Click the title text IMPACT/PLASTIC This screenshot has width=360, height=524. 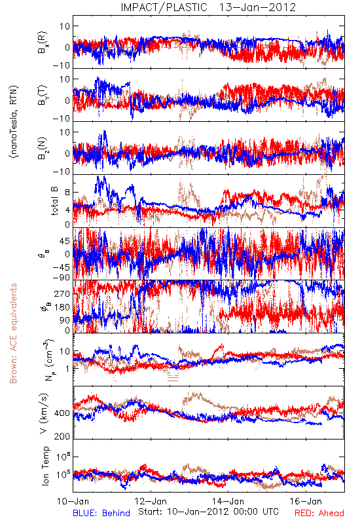(164, 7)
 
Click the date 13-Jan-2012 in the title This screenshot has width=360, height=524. (257, 7)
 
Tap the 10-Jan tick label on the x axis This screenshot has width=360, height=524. (73, 501)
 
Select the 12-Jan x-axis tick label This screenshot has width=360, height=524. (151, 501)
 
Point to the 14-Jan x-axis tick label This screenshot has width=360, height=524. (228, 501)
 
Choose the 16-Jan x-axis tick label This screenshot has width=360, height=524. (306, 501)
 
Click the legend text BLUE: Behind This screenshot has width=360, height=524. (101, 513)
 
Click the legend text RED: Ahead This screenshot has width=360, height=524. (319, 513)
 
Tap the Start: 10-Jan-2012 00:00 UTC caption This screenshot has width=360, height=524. (208, 512)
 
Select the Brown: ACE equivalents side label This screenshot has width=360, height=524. (13, 333)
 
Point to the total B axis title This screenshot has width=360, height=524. (54, 200)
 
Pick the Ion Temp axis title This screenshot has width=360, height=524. (45, 466)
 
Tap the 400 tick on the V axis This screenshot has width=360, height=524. (62, 413)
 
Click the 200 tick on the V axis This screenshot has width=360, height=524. (62, 436)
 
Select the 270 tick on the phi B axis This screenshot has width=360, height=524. (62, 293)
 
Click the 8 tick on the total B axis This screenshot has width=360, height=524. (67, 193)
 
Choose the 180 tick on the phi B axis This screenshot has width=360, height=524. (62, 307)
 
